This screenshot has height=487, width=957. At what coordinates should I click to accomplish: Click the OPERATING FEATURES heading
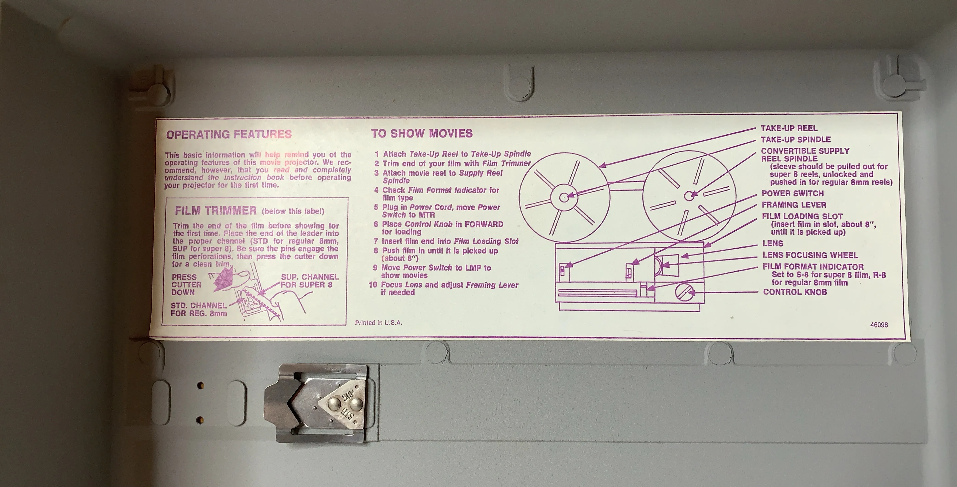[229, 134]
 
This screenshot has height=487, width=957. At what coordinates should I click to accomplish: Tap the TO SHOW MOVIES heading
[422, 133]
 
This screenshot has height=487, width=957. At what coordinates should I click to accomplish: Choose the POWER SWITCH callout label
[792, 193]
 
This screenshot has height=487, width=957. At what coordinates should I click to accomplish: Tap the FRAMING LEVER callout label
[794, 205]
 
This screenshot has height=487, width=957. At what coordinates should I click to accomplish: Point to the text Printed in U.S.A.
[379, 323]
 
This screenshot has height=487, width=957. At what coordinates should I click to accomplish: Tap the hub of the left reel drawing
[564, 197]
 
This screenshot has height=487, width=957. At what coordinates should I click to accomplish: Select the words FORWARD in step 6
[485, 224]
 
